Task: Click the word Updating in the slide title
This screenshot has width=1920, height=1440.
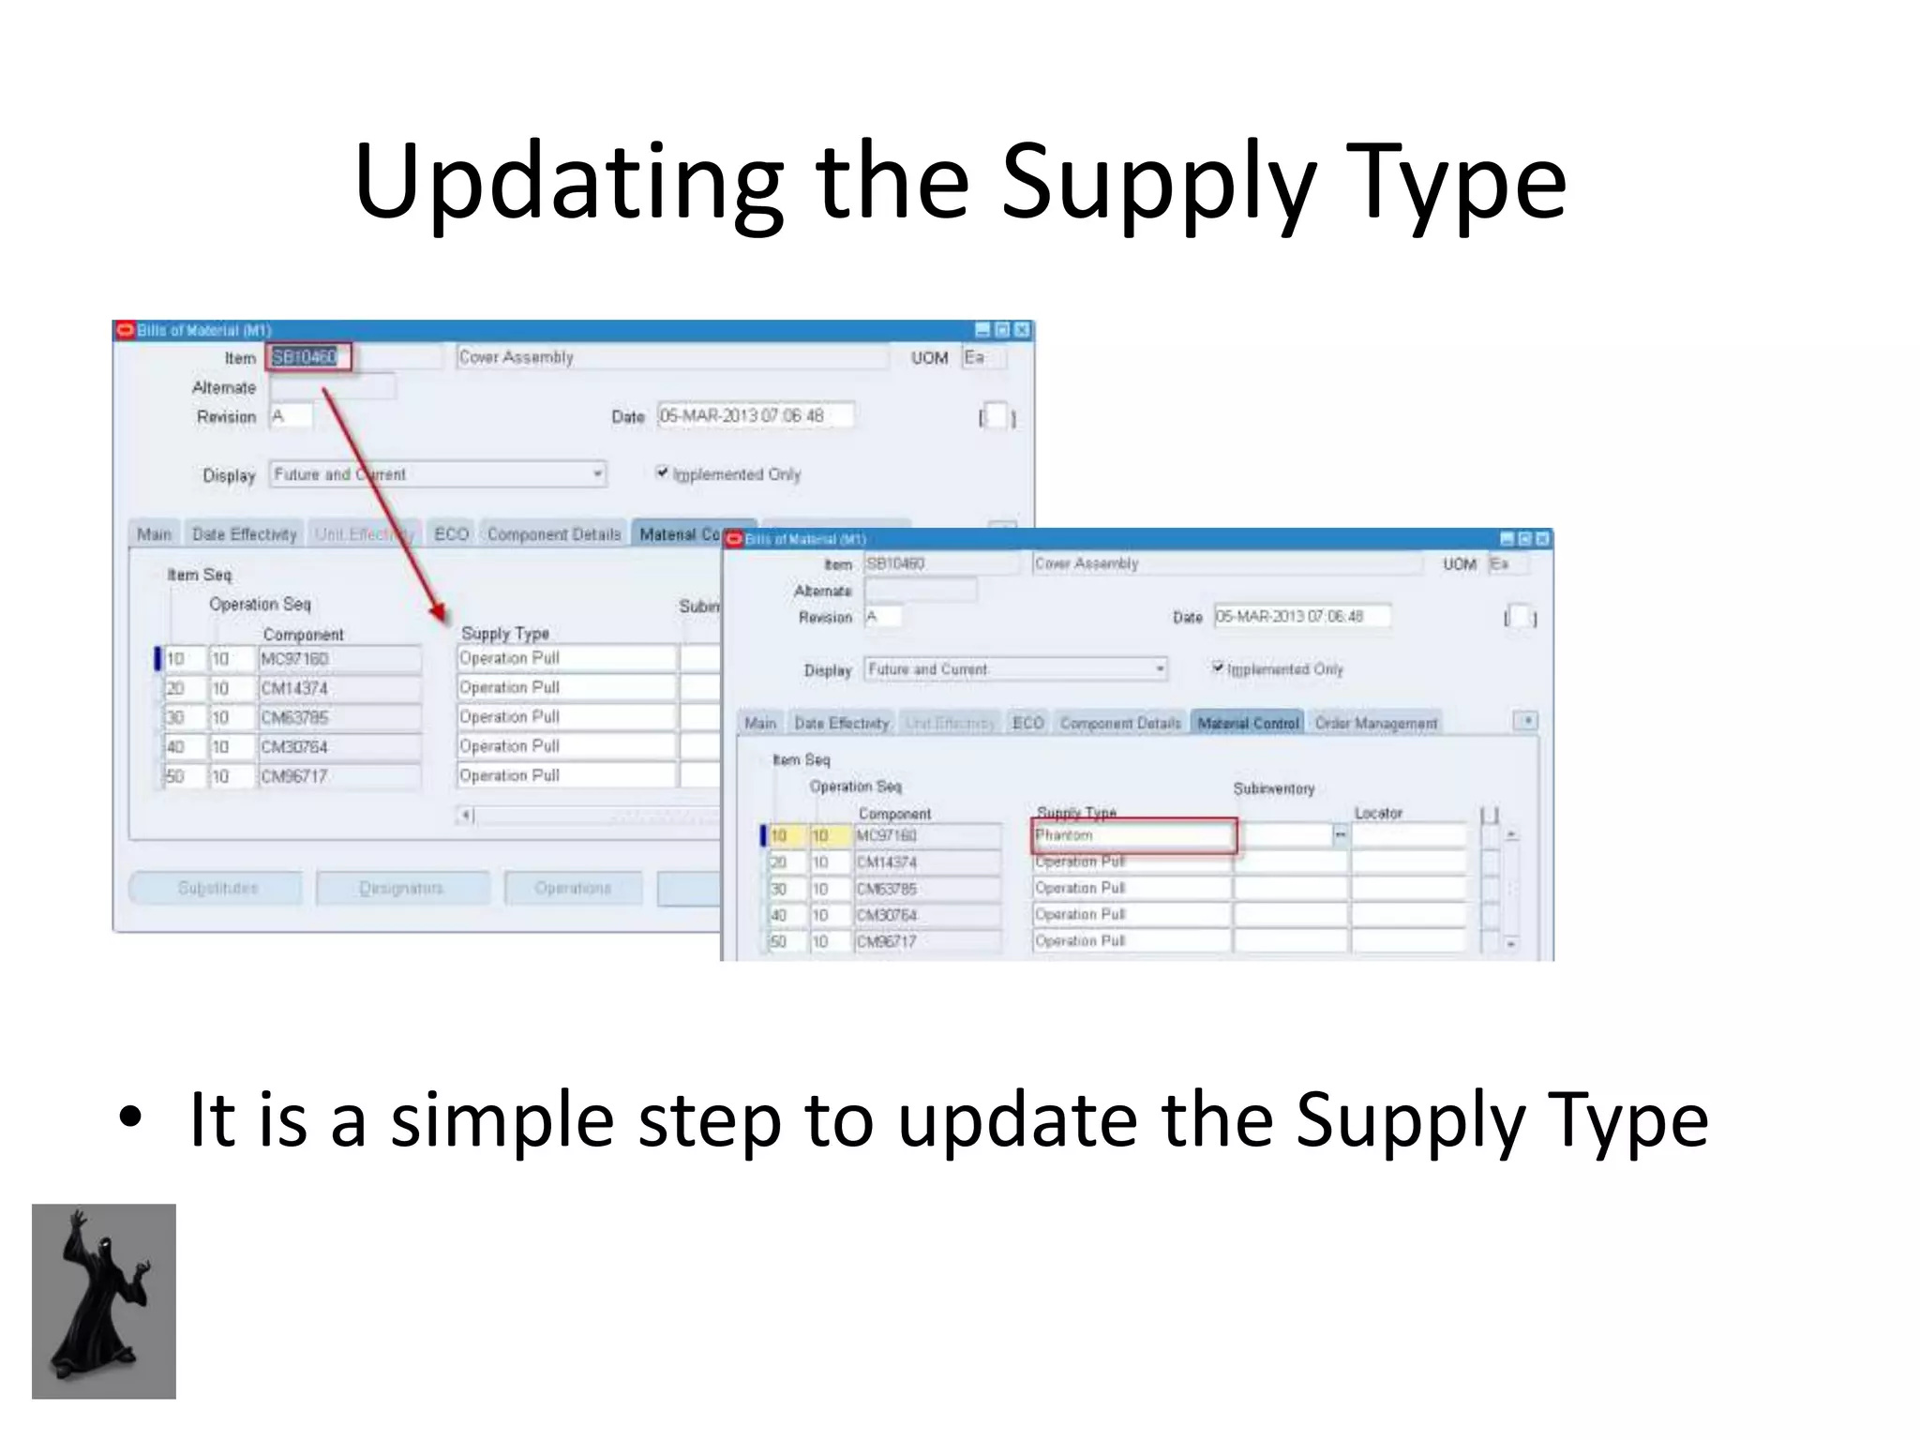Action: [x=568, y=183]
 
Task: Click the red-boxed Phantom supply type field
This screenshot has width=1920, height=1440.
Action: [x=1133, y=835]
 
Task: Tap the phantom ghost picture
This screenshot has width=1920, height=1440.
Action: [x=104, y=1301]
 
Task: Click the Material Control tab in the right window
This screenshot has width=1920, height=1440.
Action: [x=1248, y=723]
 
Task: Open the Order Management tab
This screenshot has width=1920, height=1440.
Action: [x=1375, y=723]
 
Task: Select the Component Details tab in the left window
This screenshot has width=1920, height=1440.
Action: [x=554, y=534]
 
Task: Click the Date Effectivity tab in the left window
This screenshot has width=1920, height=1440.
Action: [x=244, y=534]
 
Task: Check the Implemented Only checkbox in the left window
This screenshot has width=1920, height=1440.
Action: [x=663, y=472]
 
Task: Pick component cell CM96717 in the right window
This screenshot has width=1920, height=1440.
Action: [x=926, y=941]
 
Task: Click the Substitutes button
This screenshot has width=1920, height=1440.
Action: [x=217, y=888]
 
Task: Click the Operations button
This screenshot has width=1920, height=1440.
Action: [x=573, y=888]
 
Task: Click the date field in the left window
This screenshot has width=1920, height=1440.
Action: [x=755, y=415]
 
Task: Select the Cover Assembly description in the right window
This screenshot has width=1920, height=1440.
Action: [x=1225, y=563]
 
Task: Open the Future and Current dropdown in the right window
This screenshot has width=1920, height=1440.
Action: [x=1160, y=669]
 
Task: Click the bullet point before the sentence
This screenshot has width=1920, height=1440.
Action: [x=130, y=1117]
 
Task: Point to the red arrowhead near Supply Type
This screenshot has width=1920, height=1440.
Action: [x=439, y=614]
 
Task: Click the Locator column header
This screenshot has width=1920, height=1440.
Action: [x=1378, y=813]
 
